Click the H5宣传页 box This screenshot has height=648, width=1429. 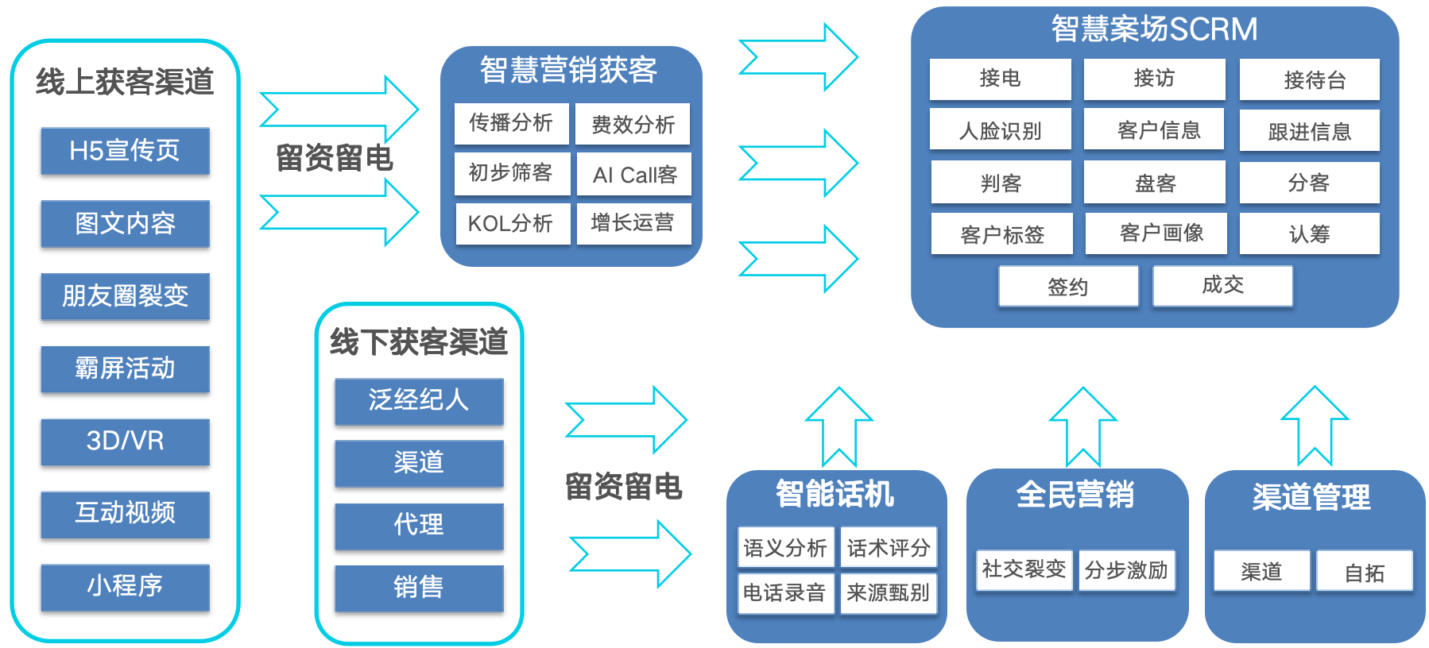coord(125,151)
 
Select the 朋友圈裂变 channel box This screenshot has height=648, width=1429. coord(125,296)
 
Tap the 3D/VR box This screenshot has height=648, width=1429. coord(125,442)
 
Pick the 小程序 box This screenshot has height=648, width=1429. coord(125,587)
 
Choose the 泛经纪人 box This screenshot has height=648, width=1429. coord(419,400)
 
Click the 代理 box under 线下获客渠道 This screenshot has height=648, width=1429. coord(419,525)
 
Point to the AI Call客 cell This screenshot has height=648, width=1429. coord(634,175)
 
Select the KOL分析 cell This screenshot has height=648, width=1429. coord(511,224)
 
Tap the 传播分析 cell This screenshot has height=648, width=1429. coord(511,123)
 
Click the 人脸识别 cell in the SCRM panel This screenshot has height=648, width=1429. coord(1000,130)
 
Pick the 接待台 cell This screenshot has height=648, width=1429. coord(1310,79)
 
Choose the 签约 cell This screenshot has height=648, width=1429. coord(1067,287)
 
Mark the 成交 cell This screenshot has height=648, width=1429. coord(1222,285)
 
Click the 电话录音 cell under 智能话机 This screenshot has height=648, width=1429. coord(784,593)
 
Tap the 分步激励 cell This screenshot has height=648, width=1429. coord(1125,570)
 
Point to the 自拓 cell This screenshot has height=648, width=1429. coord(1364,572)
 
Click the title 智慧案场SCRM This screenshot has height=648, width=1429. coord(1154,29)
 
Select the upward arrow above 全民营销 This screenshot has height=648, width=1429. coord(1082,426)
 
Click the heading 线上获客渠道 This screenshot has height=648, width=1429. coord(125,82)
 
